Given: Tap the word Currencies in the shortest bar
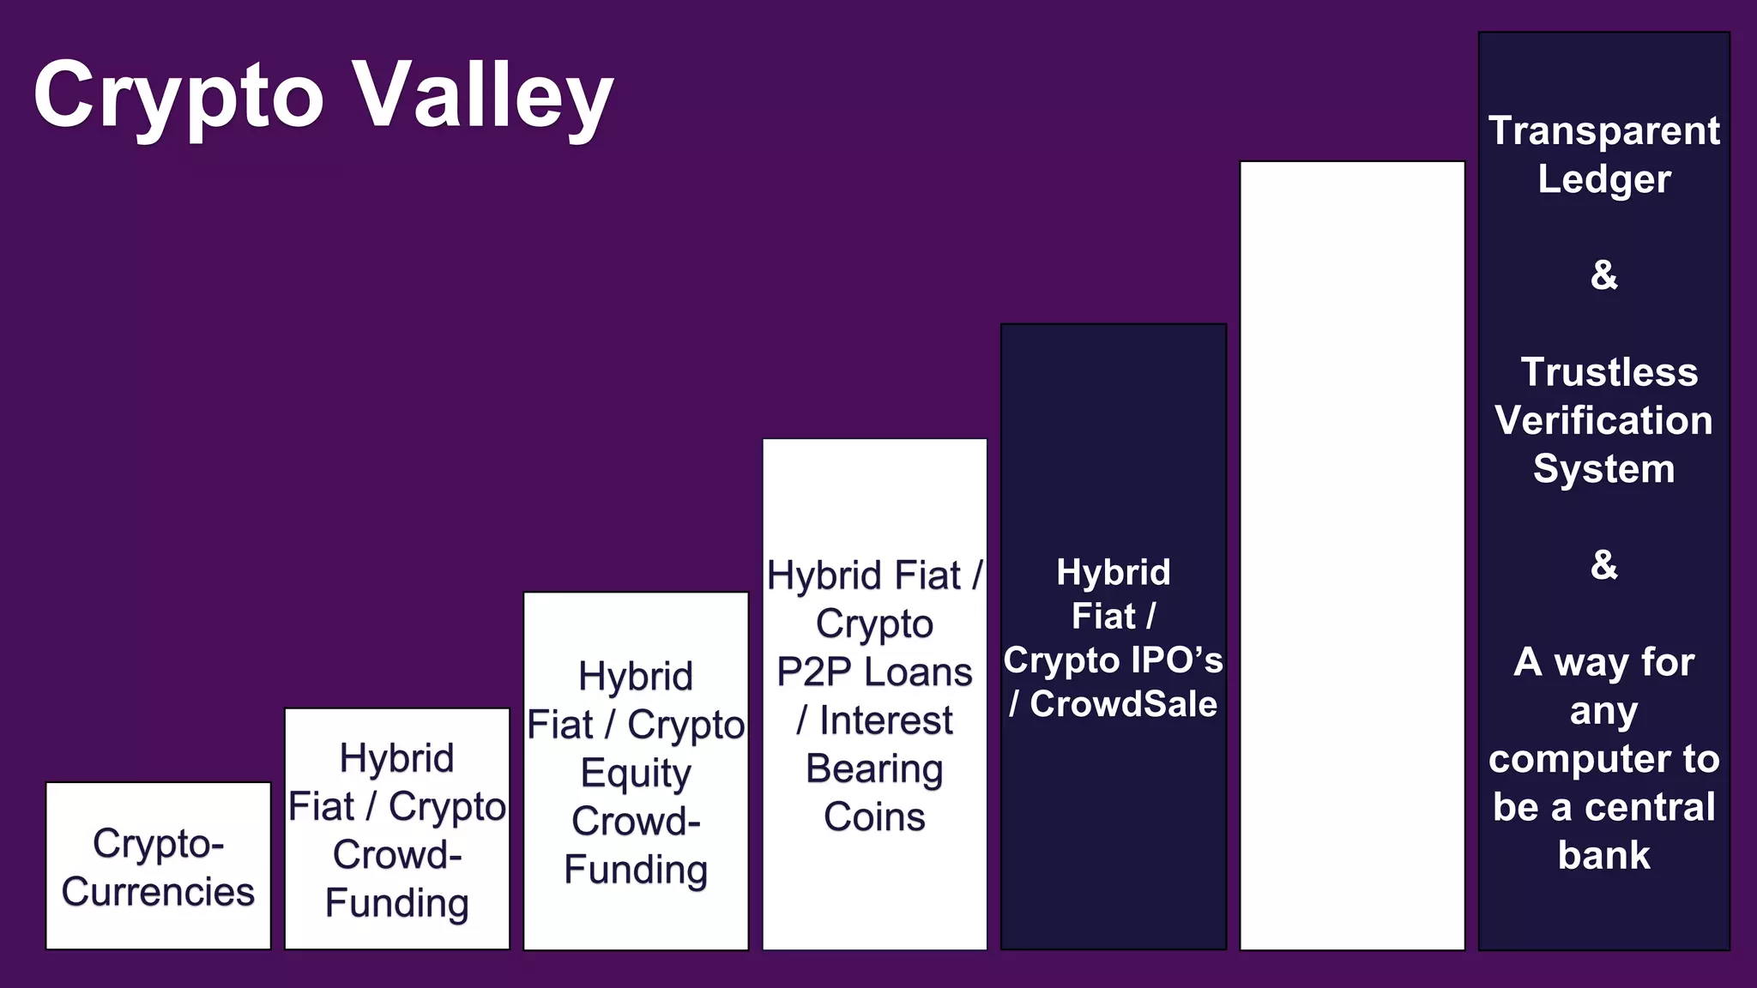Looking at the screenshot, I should pyautogui.click(x=158, y=892).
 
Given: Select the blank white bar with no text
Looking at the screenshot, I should pyautogui.click(x=1352, y=555).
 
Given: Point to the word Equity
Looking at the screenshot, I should pyautogui.click(x=636, y=774).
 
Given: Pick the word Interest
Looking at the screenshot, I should pyautogui.click(x=886, y=720).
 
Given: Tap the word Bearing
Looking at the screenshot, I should pyautogui.click(x=874, y=769).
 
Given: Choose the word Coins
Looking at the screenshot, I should pyautogui.click(x=874, y=817).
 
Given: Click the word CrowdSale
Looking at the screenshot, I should pyautogui.click(x=1123, y=704).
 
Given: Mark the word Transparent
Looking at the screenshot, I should pyautogui.click(x=1603, y=131).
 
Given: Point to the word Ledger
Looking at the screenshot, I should pyautogui.click(x=1603, y=179).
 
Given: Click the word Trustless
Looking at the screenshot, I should pyautogui.click(x=1609, y=372).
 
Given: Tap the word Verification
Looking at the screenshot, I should pyautogui.click(x=1603, y=421).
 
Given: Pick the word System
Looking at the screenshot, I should pyautogui.click(x=1603, y=469).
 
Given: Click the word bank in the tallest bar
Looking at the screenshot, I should pyautogui.click(x=1603, y=856).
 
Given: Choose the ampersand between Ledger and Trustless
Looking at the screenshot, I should pyautogui.click(x=1603, y=275).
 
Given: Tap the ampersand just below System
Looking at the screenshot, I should pyautogui.click(x=1603, y=565).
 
